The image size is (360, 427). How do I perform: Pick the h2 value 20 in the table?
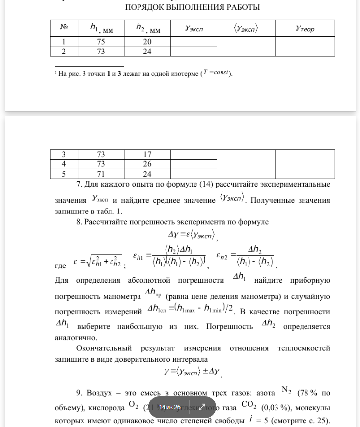tap(147, 42)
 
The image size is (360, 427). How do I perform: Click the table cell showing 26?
tap(147, 164)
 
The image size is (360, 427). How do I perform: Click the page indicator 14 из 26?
tap(169, 407)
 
